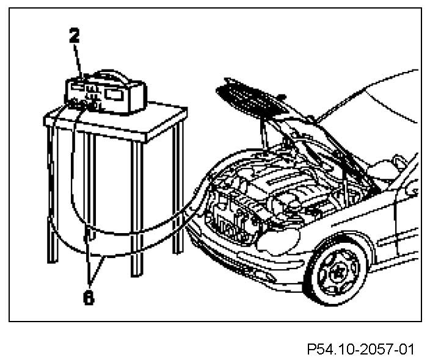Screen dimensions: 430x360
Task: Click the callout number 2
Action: coord(74,36)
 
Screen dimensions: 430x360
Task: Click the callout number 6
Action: coord(89,299)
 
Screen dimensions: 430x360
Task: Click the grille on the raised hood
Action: coord(244,98)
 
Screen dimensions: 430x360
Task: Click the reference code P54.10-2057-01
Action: coord(361,350)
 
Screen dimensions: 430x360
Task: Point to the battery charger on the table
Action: coord(104,92)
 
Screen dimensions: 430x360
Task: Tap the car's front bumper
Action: coord(244,256)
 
